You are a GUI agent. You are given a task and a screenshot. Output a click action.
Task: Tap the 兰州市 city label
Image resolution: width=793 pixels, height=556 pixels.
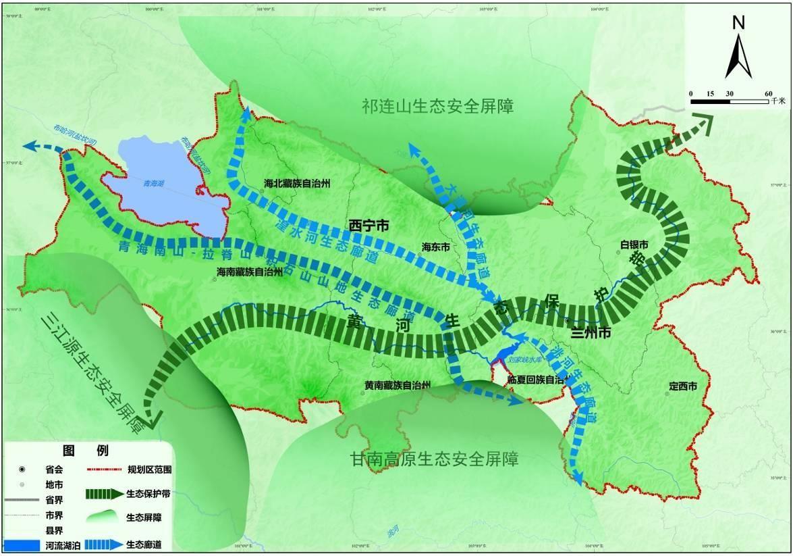(x=591, y=333)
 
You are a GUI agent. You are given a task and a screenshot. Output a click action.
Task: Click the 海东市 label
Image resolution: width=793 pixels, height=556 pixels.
(x=435, y=247)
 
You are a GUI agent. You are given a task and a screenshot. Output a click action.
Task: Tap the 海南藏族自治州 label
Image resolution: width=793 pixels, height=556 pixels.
(x=249, y=273)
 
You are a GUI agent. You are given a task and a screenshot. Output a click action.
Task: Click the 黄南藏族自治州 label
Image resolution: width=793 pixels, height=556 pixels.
(x=398, y=385)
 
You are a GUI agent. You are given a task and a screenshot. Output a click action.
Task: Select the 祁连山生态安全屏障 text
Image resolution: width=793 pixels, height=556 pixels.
(x=437, y=106)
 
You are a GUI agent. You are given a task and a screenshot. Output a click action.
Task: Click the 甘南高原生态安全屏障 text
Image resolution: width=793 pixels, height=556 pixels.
(x=435, y=459)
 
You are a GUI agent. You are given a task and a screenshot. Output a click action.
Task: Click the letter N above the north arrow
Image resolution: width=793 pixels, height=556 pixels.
(x=738, y=22)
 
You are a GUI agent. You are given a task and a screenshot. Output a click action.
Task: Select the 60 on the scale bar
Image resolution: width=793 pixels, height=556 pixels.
(x=768, y=93)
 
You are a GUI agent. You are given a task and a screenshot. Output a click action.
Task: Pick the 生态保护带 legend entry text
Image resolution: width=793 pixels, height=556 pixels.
(x=148, y=494)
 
